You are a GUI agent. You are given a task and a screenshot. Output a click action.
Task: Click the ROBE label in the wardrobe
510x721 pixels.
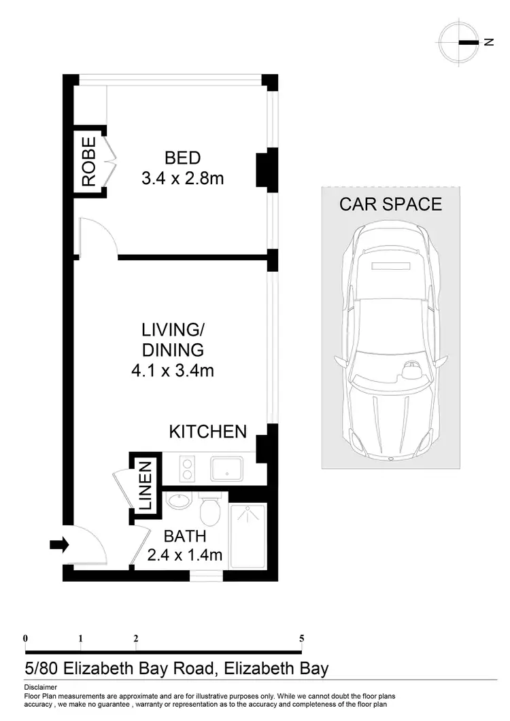coord(88,162)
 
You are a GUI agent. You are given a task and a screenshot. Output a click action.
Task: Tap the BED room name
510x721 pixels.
coord(182,158)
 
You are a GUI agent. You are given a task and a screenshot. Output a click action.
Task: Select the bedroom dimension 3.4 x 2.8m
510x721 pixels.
coord(182,179)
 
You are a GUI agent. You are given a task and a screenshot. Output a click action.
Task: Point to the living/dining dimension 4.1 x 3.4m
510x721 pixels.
coord(173,370)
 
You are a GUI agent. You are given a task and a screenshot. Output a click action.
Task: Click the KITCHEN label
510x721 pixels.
coord(207,432)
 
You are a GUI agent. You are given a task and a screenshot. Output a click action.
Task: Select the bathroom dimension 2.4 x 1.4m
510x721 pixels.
coord(185,555)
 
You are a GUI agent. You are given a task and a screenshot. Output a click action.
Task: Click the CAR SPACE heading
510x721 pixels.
coord(390,204)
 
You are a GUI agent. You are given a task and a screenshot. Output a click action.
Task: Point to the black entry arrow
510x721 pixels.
coord(59,544)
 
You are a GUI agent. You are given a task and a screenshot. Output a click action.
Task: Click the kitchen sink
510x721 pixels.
coord(228,468)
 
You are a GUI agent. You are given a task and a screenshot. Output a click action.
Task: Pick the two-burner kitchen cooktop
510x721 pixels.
coord(187,468)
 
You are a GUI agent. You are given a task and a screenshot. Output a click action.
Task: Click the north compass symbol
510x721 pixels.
coord(460,42)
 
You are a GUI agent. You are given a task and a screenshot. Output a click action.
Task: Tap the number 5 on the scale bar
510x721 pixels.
coord(301,638)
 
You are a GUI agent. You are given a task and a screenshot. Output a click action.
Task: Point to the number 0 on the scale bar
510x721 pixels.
coord(25,638)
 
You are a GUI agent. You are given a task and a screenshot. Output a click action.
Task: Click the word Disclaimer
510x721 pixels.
coord(40,688)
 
